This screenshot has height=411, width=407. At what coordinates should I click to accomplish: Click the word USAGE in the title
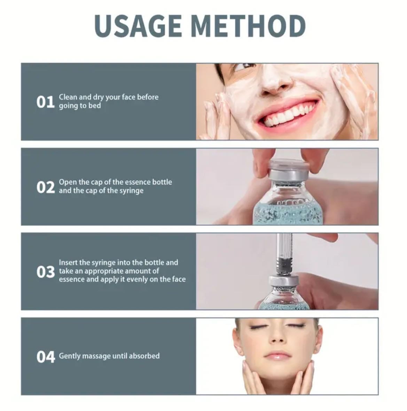point(138,26)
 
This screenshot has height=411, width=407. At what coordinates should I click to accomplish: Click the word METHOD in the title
point(249,26)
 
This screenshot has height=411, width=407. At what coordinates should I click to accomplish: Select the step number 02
point(46,187)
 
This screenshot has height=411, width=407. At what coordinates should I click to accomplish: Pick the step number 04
point(46,357)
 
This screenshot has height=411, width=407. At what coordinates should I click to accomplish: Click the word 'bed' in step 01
point(95,105)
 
